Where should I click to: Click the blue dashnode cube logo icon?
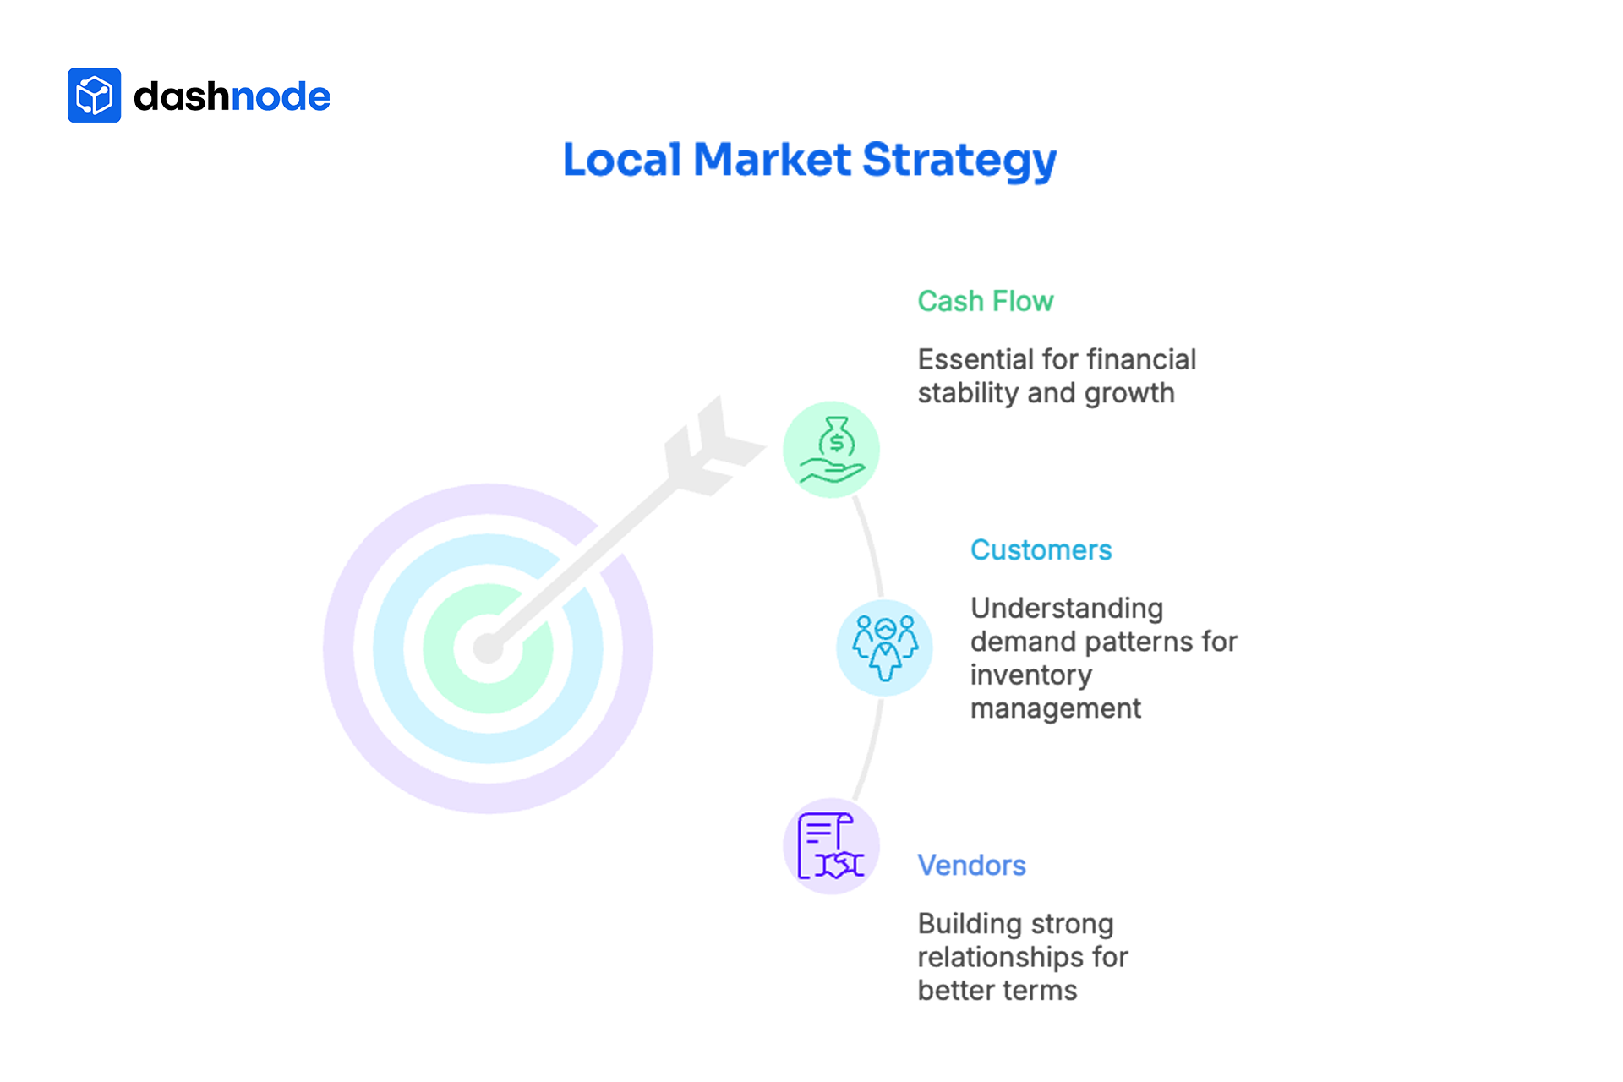(x=94, y=96)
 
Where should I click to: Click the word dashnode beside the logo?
(x=232, y=96)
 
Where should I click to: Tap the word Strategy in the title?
(x=959, y=161)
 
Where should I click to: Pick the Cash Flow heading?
(x=985, y=301)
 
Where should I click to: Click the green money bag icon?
(x=831, y=449)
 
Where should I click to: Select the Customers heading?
(x=1041, y=549)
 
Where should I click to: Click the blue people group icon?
(x=884, y=648)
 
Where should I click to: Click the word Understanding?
(x=1067, y=608)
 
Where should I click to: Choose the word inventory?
(x=1030, y=675)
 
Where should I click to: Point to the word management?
(x=1055, y=708)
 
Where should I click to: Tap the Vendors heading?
(x=971, y=865)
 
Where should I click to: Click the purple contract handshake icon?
(x=831, y=846)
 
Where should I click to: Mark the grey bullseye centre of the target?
(x=488, y=648)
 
